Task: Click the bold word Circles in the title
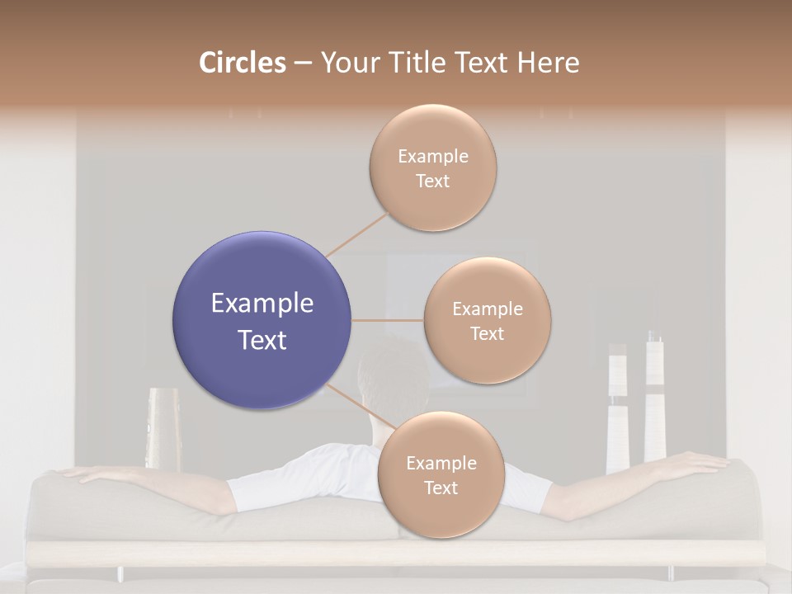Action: [242, 63]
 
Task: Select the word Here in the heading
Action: [548, 63]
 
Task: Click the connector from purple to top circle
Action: [357, 234]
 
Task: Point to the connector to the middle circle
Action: [387, 320]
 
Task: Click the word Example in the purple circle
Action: [262, 304]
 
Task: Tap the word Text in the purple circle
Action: [262, 340]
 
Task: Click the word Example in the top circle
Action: [432, 156]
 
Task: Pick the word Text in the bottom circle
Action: [441, 488]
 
